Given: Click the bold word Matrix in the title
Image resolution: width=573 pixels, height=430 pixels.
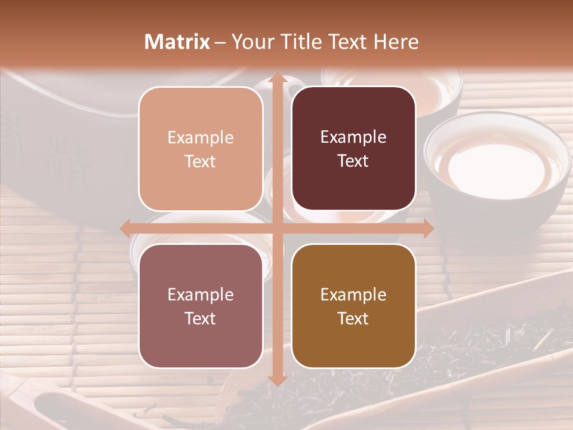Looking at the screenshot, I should pos(177,42).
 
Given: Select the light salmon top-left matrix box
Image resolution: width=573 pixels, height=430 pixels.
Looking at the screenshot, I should pos(201,149).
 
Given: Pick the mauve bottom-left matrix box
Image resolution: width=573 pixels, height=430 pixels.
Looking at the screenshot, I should pos(201,306).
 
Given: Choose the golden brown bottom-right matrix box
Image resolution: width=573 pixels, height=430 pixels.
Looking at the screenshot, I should pos(353,306).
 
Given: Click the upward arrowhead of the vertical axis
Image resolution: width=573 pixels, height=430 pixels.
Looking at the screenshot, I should pos(277,79).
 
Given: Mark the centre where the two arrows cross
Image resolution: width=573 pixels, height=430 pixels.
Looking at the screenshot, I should pos(277,228).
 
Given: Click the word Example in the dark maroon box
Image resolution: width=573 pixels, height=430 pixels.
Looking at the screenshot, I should pos(353,137).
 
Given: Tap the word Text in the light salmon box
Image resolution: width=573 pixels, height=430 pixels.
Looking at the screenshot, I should pos(201,161).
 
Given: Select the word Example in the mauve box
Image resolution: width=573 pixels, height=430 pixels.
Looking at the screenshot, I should pos(201,294).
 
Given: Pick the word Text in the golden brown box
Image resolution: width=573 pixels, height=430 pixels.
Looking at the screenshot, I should pos(353,318).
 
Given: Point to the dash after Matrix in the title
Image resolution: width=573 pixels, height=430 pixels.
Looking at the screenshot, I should pos(220,42).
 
